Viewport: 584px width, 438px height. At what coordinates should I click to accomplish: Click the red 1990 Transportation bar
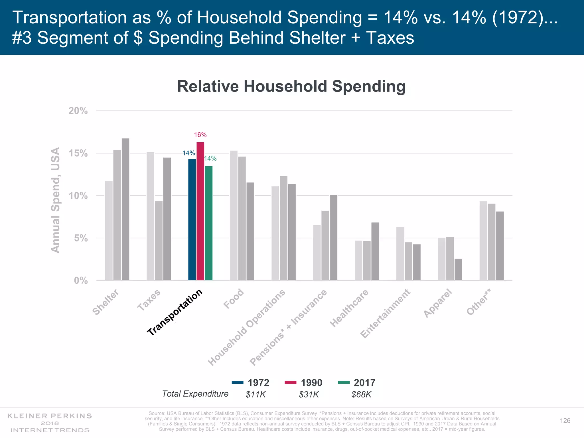point(200,211)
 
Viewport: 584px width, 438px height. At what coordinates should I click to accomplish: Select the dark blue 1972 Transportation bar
point(192,220)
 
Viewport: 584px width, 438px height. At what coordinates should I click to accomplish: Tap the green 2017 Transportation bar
point(208,223)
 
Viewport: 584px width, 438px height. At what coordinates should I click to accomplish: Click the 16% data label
point(200,135)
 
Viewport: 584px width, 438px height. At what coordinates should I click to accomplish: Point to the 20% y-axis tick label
point(78,111)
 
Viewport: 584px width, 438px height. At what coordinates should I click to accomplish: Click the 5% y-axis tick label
point(81,238)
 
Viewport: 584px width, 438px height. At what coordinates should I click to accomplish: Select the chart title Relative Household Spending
point(291,86)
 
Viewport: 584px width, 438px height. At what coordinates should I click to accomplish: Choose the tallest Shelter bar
point(125,209)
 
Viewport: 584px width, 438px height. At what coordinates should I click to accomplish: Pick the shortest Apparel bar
point(458,269)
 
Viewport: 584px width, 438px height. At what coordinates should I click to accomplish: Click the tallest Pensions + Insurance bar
point(333,238)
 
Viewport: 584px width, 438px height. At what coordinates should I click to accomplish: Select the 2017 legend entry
point(356,383)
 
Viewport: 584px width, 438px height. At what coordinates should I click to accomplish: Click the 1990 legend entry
point(303,383)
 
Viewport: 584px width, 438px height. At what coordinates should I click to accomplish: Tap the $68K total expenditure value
point(361,395)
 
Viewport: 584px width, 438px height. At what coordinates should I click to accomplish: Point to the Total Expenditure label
point(195,394)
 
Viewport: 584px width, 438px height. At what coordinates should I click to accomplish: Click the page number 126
point(565,421)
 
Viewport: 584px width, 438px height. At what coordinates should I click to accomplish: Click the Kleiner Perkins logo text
point(50,416)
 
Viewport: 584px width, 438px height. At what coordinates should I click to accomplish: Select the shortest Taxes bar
point(159,241)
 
